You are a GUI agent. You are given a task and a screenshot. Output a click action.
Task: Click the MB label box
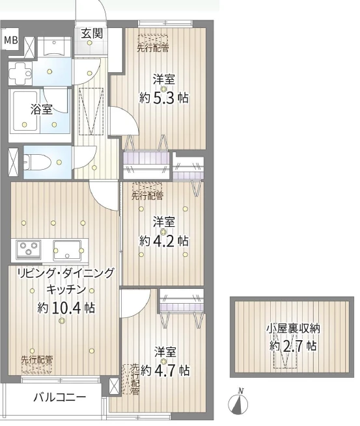tap(11, 40)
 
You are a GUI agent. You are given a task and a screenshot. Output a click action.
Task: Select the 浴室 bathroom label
tap(42, 109)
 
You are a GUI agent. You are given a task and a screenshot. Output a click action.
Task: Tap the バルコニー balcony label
tap(59, 397)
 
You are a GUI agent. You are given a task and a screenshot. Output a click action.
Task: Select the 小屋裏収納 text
tap(292, 328)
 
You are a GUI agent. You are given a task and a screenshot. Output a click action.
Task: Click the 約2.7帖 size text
tap(293, 346)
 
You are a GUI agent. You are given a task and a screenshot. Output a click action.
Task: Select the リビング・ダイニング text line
tap(66, 273)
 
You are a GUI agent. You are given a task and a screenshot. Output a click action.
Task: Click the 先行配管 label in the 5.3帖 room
tap(153, 47)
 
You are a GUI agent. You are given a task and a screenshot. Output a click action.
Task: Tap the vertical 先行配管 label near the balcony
tap(135, 379)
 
